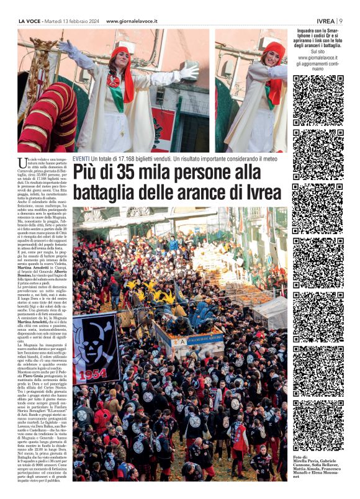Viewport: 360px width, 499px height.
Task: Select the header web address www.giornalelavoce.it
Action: pyautogui.click(x=132, y=21)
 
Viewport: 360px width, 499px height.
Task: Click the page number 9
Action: pyautogui.click(x=341, y=21)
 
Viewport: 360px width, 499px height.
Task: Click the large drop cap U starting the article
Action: pyautogui.click(x=23, y=163)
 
